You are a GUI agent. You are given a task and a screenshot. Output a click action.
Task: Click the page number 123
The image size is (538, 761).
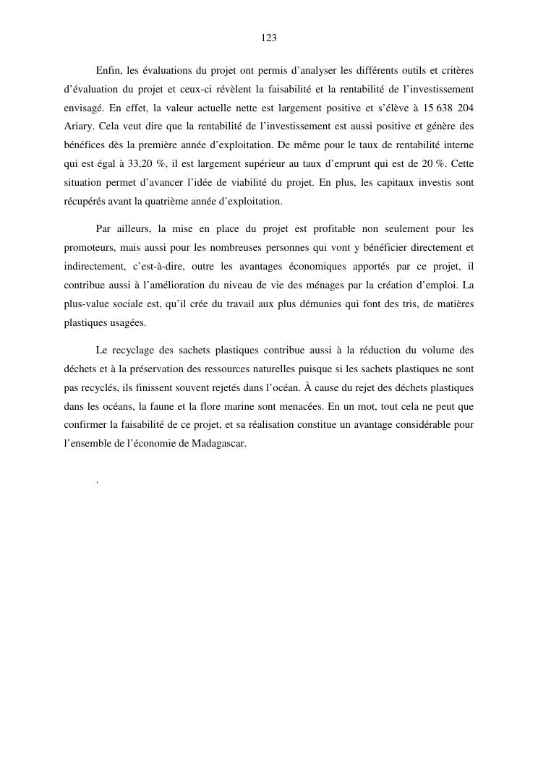point(268,38)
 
